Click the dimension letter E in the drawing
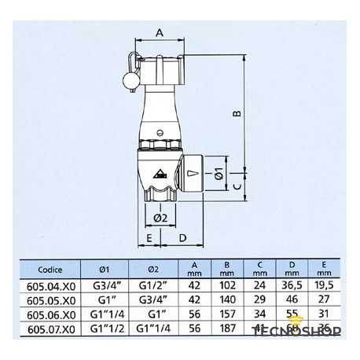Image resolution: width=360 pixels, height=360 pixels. (147, 236)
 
